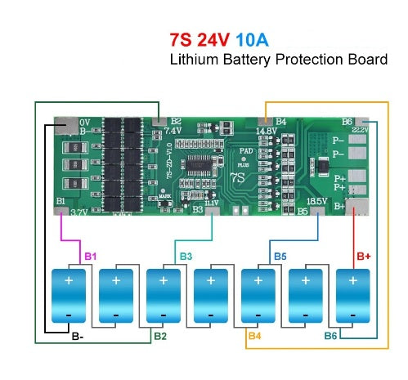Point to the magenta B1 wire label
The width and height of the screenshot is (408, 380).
[91, 257]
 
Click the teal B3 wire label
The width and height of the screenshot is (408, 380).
[186, 257]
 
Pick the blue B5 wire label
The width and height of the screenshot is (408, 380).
[280, 257]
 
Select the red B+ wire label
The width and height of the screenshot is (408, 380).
[364, 257]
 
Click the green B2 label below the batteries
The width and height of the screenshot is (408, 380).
[160, 336]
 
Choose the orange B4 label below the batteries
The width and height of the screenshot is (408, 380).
[255, 336]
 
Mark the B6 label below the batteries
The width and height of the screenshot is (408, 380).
[330, 336]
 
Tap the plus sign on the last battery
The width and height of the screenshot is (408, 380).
[353, 280]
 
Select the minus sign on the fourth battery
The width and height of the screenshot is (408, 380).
[211, 315]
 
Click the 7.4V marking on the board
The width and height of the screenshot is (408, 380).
[173, 130]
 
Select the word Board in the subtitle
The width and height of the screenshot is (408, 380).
[367, 60]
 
